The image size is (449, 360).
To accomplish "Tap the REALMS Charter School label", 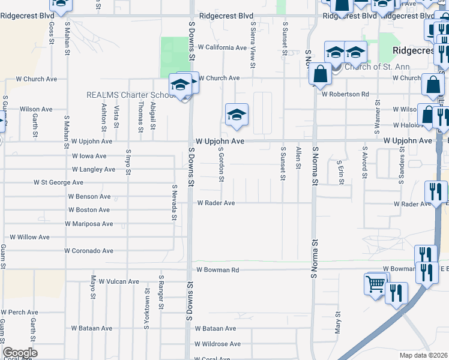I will point(130,95).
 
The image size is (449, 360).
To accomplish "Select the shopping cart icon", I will point(376,284).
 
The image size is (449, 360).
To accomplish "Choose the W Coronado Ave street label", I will point(89,251).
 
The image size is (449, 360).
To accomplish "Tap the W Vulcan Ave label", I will point(119,281).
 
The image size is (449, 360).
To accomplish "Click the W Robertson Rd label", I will point(345,94).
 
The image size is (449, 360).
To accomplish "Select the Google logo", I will point(20,353).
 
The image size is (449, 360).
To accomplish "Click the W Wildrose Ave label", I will point(217,344).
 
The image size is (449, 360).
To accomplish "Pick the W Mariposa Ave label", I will point(89,224).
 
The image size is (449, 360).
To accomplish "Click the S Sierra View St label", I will point(253,40).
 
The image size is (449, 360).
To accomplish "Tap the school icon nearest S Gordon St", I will point(237,115).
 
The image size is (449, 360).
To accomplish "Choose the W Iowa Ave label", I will point(88,155).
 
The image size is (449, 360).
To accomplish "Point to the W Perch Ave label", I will point(19,312).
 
